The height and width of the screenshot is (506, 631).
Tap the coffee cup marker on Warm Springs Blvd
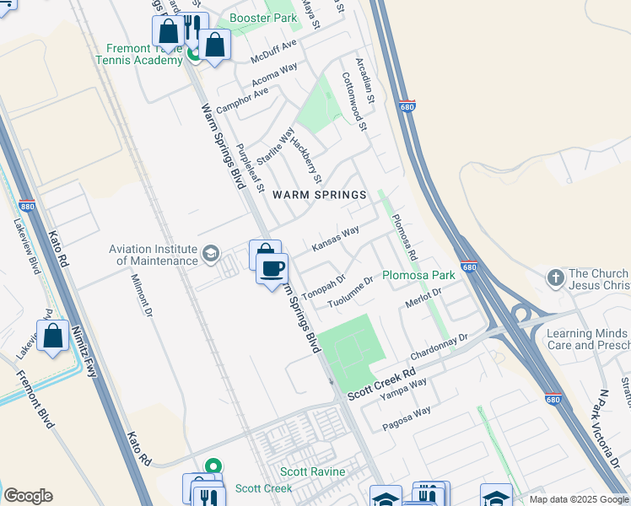click(272, 269)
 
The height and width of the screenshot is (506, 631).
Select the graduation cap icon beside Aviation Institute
click(210, 253)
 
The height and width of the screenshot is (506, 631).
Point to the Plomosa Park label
click(418, 275)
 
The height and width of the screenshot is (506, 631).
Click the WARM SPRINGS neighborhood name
click(319, 195)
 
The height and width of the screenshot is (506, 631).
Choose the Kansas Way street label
click(336, 238)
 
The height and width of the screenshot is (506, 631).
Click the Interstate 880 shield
click(26, 205)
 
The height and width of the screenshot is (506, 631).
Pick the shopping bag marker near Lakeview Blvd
click(52, 336)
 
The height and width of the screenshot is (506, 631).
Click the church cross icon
click(555, 277)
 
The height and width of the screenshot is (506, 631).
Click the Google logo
click(28, 496)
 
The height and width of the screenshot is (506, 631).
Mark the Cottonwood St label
click(354, 101)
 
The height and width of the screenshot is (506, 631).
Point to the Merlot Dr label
click(423, 299)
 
